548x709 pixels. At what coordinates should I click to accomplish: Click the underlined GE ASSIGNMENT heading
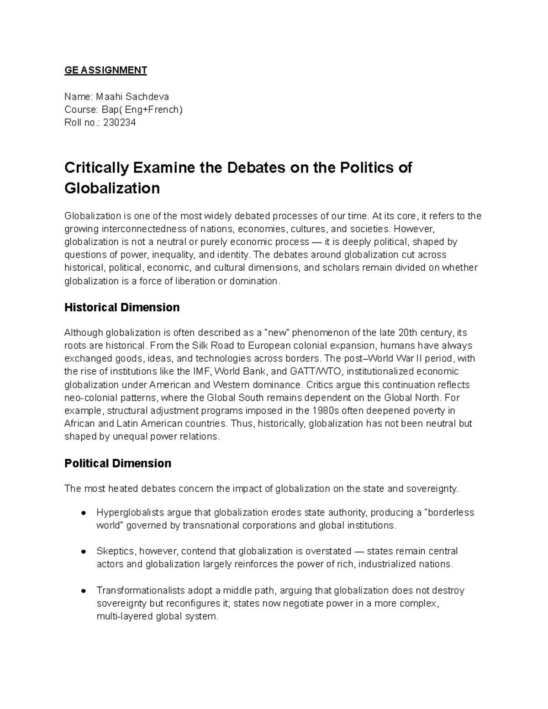click(x=105, y=70)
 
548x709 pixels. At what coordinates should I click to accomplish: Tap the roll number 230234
click(x=119, y=123)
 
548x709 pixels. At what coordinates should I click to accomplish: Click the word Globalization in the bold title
click(x=112, y=188)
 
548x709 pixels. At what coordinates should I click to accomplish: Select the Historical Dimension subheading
click(x=122, y=307)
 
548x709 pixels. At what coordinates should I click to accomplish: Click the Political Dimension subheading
click(x=118, y=463)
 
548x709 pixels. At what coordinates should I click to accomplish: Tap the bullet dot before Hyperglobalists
click(x=84, y=513)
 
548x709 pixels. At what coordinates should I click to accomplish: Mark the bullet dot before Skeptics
click(x=84, y=551)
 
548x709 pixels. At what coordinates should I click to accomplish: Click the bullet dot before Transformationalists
click(x=84, y=591)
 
